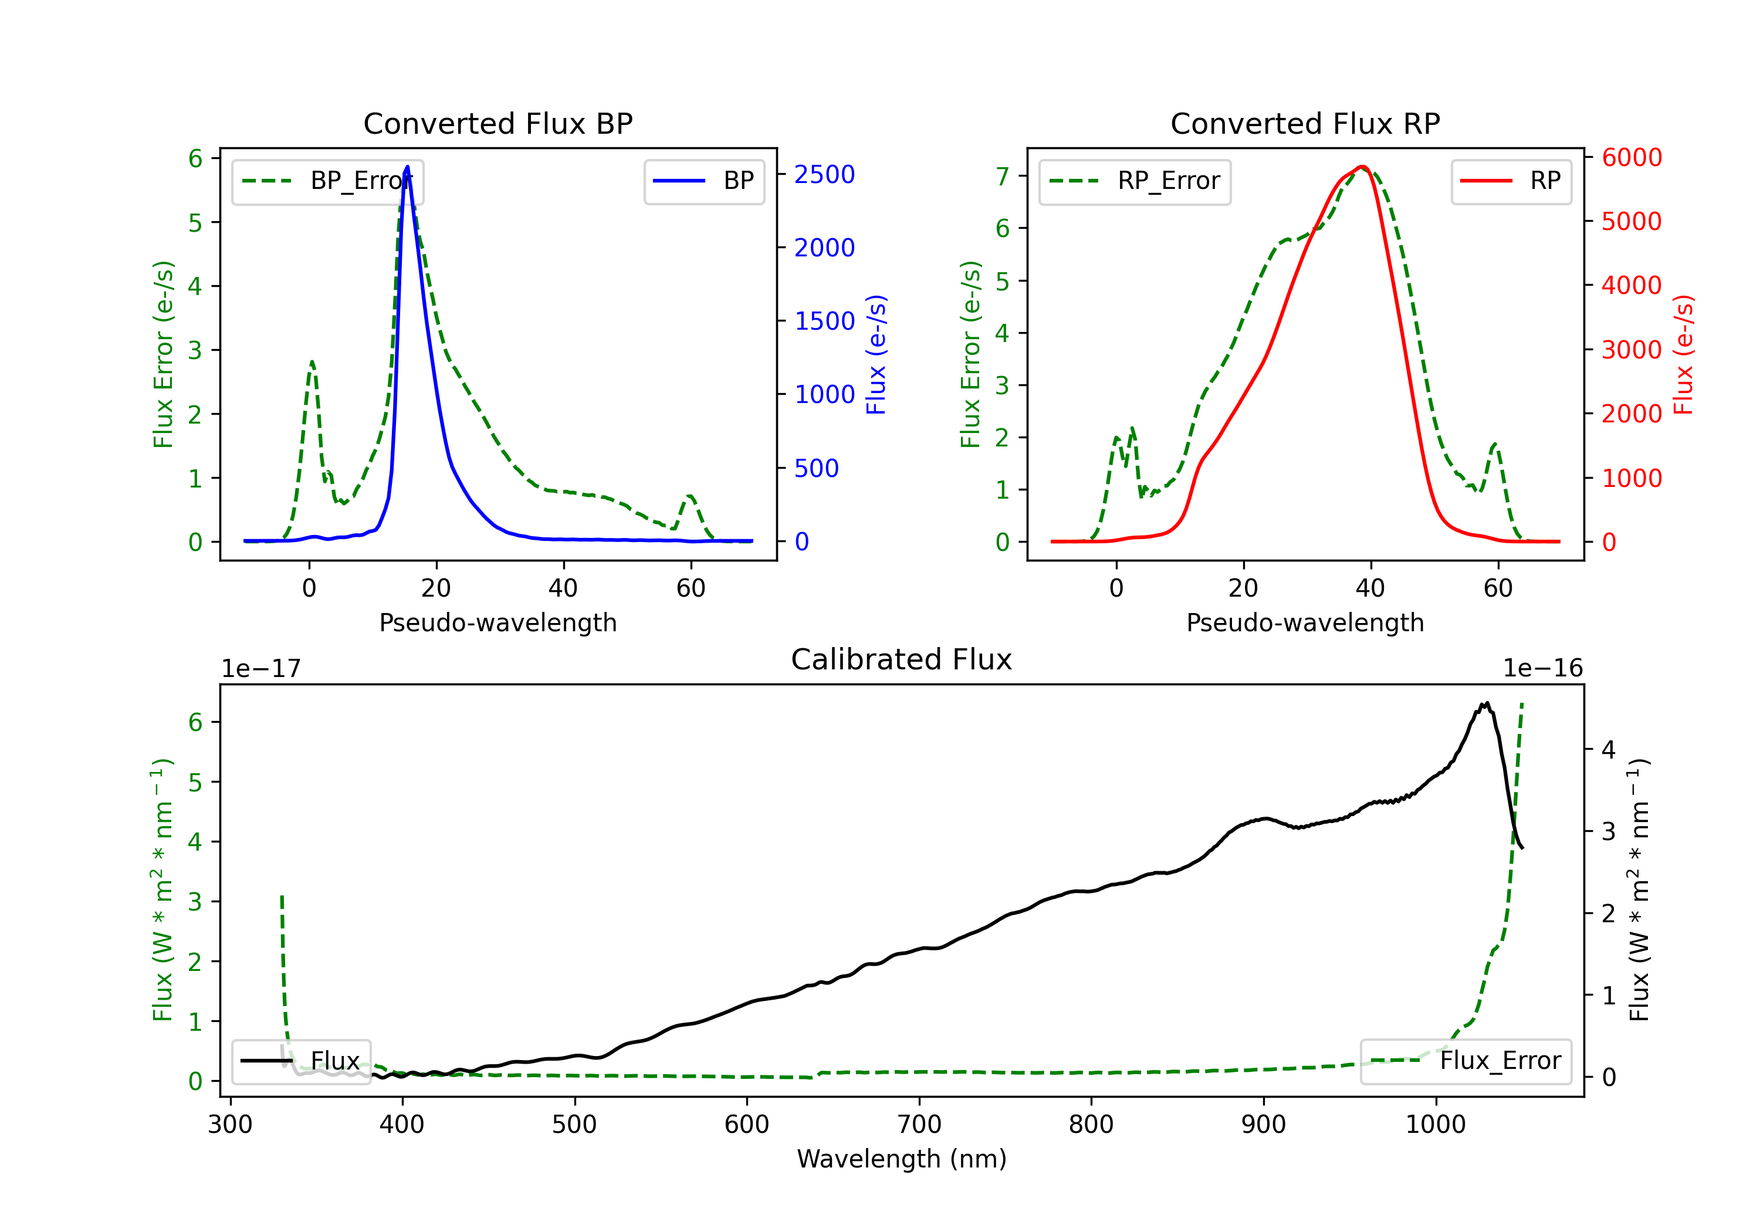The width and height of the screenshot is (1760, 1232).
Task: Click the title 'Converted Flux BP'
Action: pos(497,123)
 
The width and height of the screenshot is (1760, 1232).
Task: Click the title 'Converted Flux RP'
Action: pos(1305,123)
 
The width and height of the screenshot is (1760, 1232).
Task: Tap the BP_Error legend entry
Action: pos(327,182)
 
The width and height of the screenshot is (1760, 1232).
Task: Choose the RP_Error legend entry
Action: pos(1135,182)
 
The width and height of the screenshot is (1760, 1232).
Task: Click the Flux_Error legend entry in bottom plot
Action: pos(1465,1061)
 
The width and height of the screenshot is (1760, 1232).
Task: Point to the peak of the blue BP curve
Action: pos(408,167)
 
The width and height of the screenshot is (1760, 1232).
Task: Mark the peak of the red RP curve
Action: pos(1362,167)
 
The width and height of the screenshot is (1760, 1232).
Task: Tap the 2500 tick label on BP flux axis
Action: pos(824,175)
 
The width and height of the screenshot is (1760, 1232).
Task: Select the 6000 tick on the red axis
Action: pos(1631,157)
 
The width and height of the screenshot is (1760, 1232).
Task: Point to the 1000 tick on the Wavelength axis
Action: pos(1435,1125)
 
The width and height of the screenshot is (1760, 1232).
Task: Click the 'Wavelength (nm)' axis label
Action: pos(902,1159)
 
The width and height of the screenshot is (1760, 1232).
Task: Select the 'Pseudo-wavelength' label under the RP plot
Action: pos(1305,622)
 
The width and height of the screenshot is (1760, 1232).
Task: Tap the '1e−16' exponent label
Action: pos(1542,669)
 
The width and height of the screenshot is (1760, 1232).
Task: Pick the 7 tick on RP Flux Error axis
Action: pos(1002,177)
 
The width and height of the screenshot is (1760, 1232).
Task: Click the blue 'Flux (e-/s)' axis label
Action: pos(875,354)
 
